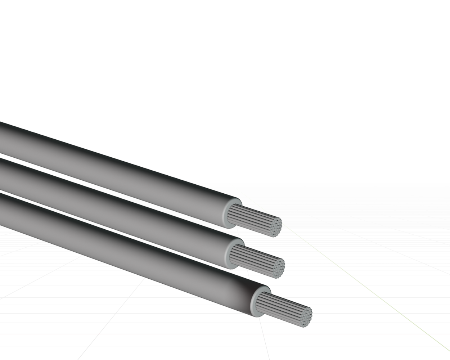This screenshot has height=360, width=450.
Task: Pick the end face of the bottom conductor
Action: pyautogui.click(x=306, y=317)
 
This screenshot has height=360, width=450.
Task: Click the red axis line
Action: pyautogui.click(x=144, y=334)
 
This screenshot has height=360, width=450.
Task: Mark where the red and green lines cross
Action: pyautogui.click(x=428, y=334)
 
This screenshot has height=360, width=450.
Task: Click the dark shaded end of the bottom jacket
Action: pyautogui.click(x=245, y=295)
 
